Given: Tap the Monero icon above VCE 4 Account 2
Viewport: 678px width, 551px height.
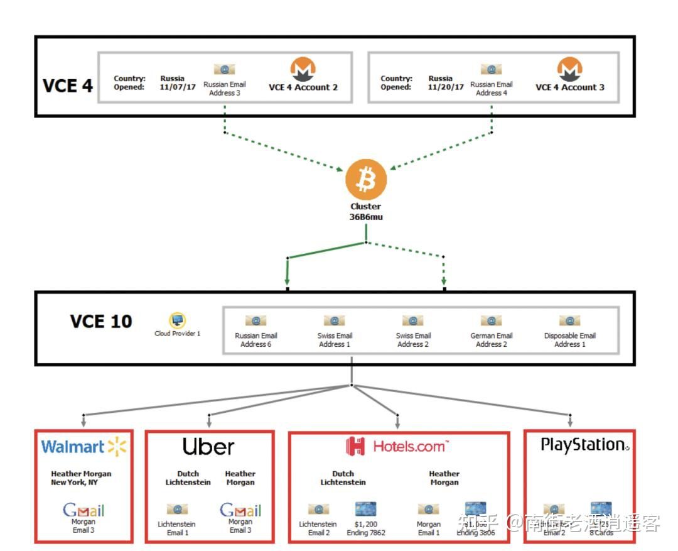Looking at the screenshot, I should point(303,69).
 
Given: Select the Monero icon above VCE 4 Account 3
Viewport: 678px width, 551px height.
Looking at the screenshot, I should point(570,69).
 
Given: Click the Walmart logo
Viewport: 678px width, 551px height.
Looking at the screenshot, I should point(83,447).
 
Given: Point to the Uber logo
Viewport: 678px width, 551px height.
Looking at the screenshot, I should point(208,447).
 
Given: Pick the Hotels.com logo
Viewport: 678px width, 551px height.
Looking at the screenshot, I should point(398,446).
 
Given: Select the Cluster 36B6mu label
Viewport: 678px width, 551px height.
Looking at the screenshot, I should point(365,212).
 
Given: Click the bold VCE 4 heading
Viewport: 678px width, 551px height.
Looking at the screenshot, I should point(68,86).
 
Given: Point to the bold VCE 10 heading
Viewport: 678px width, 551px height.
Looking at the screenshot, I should point(101,322).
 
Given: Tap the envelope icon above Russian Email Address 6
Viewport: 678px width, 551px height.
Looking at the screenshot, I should point(256,321).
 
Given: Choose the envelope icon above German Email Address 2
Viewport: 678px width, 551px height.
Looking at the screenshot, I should point(491,321).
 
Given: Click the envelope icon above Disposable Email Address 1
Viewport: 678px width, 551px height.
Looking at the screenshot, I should point(569,321).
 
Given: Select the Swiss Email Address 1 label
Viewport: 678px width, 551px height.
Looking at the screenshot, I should point(335,340).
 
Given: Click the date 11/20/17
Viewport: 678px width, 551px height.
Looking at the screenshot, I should point(446,87).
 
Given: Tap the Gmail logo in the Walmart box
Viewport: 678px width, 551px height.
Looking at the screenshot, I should point(83,510).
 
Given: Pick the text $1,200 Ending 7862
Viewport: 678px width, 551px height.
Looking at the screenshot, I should point(366,528).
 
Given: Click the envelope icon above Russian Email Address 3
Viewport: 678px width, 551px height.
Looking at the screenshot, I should point(224,70).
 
